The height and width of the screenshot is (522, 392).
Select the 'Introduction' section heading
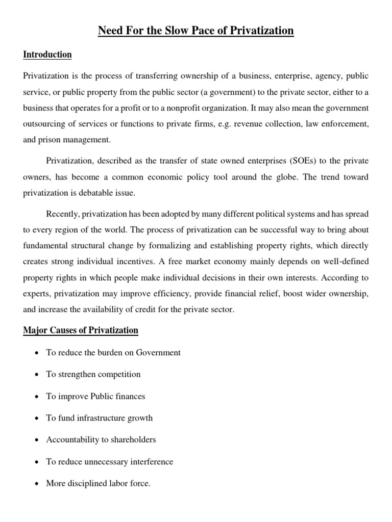(47, 55)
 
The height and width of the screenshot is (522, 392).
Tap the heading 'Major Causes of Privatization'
(81, 330)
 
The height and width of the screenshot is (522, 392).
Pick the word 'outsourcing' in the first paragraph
(44, 125)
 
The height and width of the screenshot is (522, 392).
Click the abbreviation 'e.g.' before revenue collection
(235, 125)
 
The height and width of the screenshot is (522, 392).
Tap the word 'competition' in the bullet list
(118, 374)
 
